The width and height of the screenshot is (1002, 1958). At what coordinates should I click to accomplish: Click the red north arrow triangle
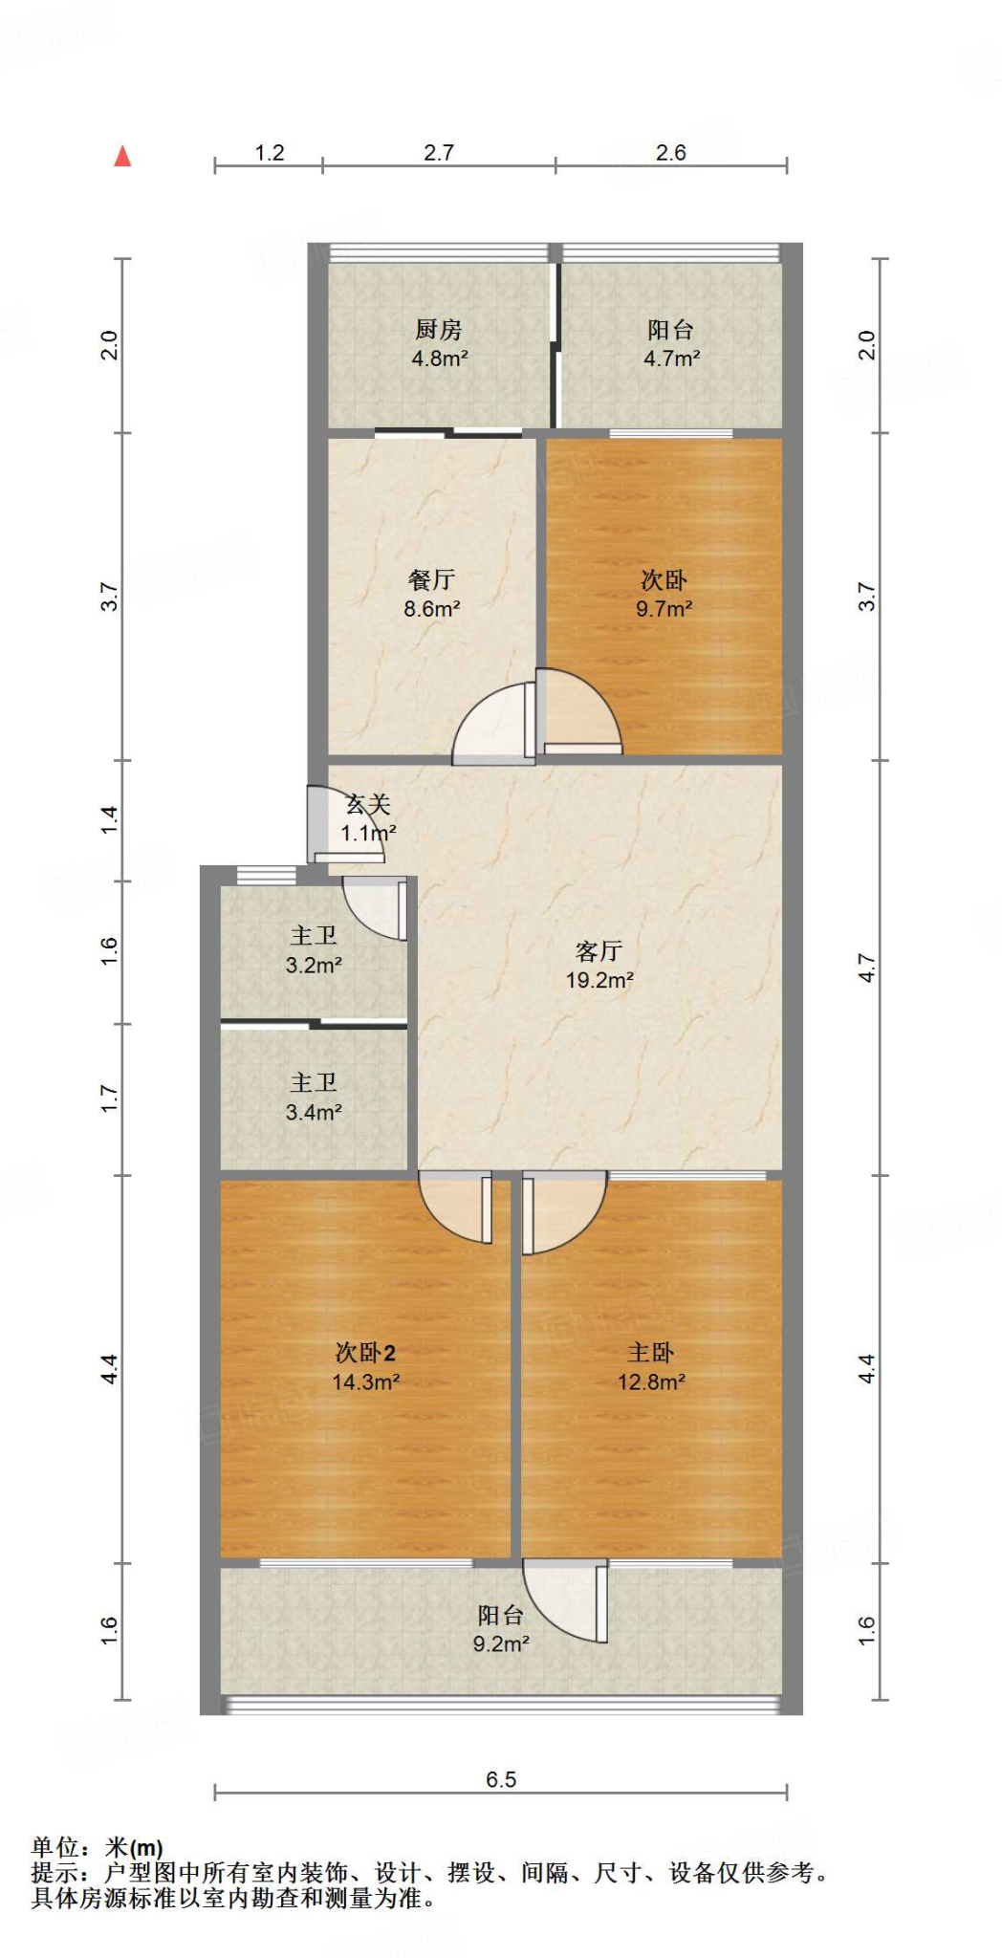pyautogui.click(x=122, y=157)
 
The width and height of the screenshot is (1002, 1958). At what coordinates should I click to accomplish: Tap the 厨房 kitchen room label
pyautogui.click(x=439, y=330)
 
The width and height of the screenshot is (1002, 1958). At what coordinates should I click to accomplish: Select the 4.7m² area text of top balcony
pyautogui.click(x=671, y=359)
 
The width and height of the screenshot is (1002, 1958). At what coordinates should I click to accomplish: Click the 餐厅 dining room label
pyautogui.click(x=431, y=579)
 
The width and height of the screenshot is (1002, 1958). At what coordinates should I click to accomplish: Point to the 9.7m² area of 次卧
pyautogui.click(x=664, y=609)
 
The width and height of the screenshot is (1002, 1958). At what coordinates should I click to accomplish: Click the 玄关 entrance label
pyautogui.click(x=368, y=805)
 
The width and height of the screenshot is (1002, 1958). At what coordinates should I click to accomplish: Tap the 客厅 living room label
pyautogui.click(x=599, y=950)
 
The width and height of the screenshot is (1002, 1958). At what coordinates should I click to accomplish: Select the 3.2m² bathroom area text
pyautogui.click(x=314, y=966)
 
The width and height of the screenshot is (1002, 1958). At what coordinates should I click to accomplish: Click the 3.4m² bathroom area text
pyautogui.click(x=314, y=1112)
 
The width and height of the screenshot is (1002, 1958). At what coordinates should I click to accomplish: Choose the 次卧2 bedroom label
pyautogui.click(x=365, y=1352)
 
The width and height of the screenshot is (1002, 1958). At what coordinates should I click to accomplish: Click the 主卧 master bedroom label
pyautogui.click(x=650, y=1352)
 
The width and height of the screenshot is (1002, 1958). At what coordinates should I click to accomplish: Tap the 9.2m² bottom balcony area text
pyautogui.click(x=501, y=1643)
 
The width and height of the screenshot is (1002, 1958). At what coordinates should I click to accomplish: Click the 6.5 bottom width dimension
pyautogui.click(x=501, y=1779)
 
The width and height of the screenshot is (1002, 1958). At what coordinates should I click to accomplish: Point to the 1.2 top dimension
pyautogui.click(x=270, y=153)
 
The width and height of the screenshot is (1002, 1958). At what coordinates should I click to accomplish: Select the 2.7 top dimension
pyautogui.click(x=439, y=153)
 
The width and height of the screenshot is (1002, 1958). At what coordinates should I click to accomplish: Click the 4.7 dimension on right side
pyautogui.click(x=865, y=968)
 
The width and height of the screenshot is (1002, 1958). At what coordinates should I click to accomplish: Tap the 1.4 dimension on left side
pyautogui.click(x=110, y=820)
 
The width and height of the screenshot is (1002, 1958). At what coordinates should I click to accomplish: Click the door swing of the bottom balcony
pyautogui.click(x=564, y=1601)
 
